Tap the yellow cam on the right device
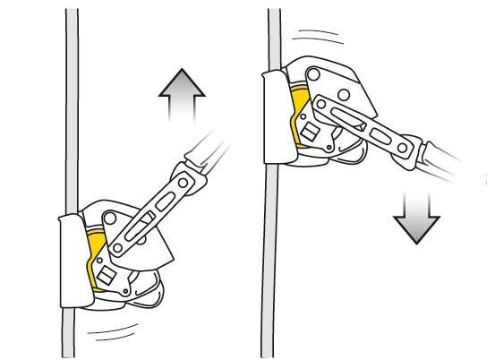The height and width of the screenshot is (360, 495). click(x=299, y=117)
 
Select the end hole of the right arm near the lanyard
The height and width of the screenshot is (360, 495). click(x=411, y=146)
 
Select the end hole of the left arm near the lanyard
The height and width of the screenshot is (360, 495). click(x=183, y=180)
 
